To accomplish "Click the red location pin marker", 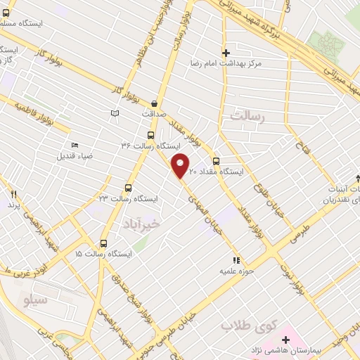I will [x=181, y=166].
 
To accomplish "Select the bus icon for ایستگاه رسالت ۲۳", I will [x=127, y=188].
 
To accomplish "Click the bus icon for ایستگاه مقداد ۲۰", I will [x=217, y=160].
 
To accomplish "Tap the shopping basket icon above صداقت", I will [x=153, y=103].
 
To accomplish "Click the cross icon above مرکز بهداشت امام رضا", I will [x=225, y=53].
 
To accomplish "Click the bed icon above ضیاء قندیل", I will [x=75, y=146].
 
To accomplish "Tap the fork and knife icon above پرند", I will [x=12, y=193].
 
